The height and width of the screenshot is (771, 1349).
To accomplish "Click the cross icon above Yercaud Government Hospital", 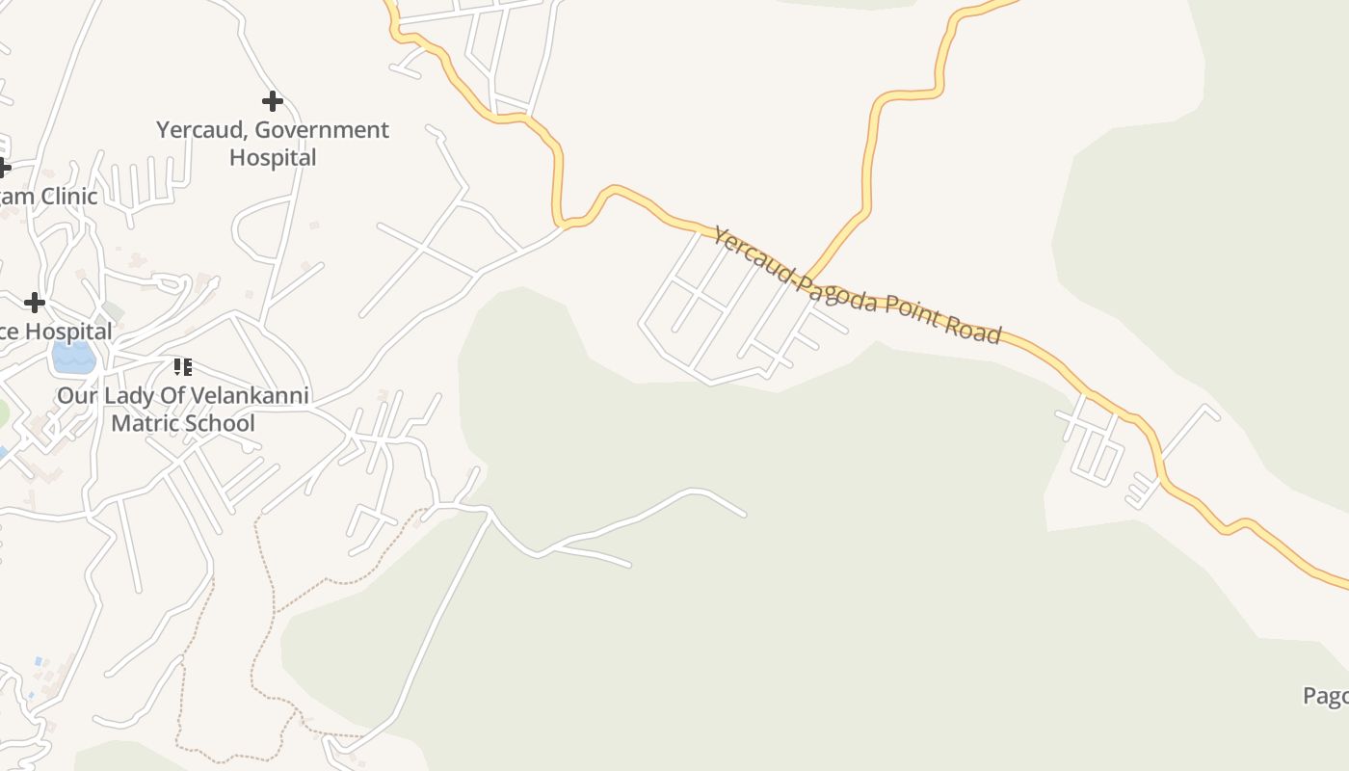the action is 273,100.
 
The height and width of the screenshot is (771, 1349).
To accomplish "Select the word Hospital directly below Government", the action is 273,157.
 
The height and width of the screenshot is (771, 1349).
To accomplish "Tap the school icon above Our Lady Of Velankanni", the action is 182,366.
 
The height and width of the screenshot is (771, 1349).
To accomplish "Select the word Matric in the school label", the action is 145,423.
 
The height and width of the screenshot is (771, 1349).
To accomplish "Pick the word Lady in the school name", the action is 126,395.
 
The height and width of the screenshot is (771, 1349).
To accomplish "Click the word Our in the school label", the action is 74,395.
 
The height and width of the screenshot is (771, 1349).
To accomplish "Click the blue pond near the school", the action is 73,358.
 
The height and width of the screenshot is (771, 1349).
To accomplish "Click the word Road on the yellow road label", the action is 974,331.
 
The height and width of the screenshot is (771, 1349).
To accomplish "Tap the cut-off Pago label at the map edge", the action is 1326,696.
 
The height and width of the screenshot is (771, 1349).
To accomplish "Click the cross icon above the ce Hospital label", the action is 35,303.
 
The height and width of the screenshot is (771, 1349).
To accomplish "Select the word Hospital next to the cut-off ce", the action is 67,332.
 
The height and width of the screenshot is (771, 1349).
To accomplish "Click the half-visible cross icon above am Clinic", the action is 4,168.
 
